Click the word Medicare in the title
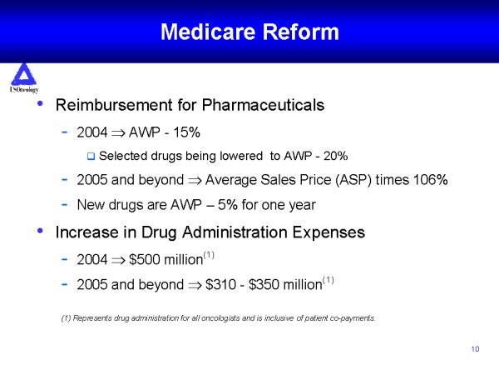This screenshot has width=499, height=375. click(208, 32)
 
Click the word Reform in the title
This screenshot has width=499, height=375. click(301, 32)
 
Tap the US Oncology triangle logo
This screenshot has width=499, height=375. click(23, 74)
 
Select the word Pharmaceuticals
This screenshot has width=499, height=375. click(263, 105)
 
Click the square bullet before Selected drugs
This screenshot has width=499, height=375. click(91, 157)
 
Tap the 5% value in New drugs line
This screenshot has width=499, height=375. click(228, 205)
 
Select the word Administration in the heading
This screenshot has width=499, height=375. click(235, 232)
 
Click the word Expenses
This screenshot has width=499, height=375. click(329, 232)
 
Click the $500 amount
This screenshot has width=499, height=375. click(144, 259)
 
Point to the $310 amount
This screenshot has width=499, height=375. click(220, 284)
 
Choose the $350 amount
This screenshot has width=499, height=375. click(264, 284)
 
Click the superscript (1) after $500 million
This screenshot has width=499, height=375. click(209, 255)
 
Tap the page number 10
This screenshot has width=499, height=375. click(475, 349)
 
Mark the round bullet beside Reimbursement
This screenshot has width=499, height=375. click(40, 103)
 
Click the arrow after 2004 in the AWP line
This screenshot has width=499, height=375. click(118, 133)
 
